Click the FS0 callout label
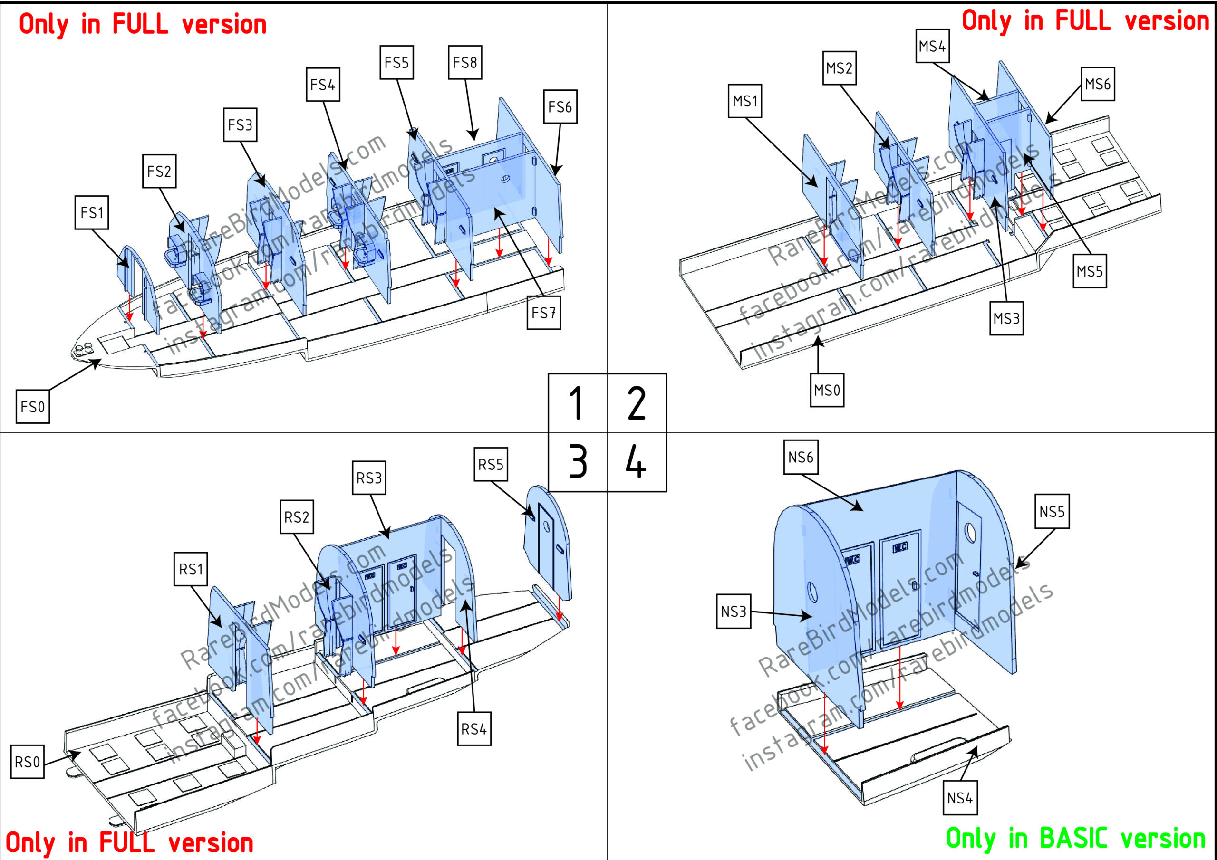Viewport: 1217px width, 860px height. (33, 406)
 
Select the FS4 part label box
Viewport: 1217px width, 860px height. (323, 84)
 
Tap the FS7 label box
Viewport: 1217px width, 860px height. (544, 313)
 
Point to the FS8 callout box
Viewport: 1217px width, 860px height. (465, 63)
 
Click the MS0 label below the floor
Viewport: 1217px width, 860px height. (827, 390)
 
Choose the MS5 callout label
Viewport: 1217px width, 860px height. (1090, 271)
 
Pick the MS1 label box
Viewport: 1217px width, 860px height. (745, 101)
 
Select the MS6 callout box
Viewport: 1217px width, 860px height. (1098, 84)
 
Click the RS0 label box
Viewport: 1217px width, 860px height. (28, 762)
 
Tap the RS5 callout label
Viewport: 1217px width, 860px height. (491, 464)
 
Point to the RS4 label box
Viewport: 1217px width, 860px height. (474, 729)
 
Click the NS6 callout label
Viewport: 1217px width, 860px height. (801, 457)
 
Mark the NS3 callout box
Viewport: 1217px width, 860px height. (734, 612)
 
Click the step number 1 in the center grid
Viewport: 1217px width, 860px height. (577, 403)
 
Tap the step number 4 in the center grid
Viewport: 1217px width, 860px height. (636, 461)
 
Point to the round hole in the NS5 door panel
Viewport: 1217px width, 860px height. (971, 532)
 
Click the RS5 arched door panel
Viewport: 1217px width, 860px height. (549, 541)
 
